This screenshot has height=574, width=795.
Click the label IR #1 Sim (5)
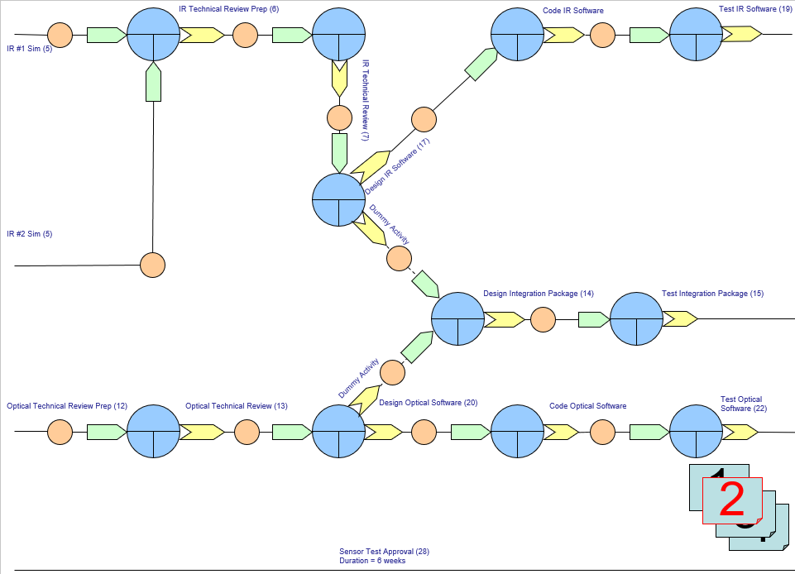coord(30,49)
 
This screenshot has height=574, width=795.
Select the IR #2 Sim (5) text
coord(30,234)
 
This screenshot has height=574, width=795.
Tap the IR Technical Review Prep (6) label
coord(228,9)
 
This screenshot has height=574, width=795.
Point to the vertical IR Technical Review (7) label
coord(365,99)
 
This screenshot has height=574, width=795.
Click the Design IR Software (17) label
coord(398,166)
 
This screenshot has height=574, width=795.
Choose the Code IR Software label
coord(572,10)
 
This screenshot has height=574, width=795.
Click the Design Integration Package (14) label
coord(539,294)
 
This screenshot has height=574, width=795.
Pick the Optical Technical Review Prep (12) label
coord(67,406)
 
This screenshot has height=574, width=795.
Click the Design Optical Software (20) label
coord(428,403)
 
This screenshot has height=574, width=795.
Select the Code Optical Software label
coord(587,406)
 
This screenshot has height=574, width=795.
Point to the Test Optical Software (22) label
coord(741,404)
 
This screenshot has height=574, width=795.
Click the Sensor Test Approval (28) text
coord(384,552)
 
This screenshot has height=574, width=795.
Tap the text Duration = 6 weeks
coord(372,561)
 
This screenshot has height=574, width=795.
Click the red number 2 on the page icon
coord(732,500)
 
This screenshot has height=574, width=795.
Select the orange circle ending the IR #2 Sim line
coord(152,265)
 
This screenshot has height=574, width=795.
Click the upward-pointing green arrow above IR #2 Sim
coord(153,83)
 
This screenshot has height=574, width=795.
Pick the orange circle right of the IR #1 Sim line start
coord(60,35)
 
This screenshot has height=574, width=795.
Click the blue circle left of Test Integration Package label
coord(636,319)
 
